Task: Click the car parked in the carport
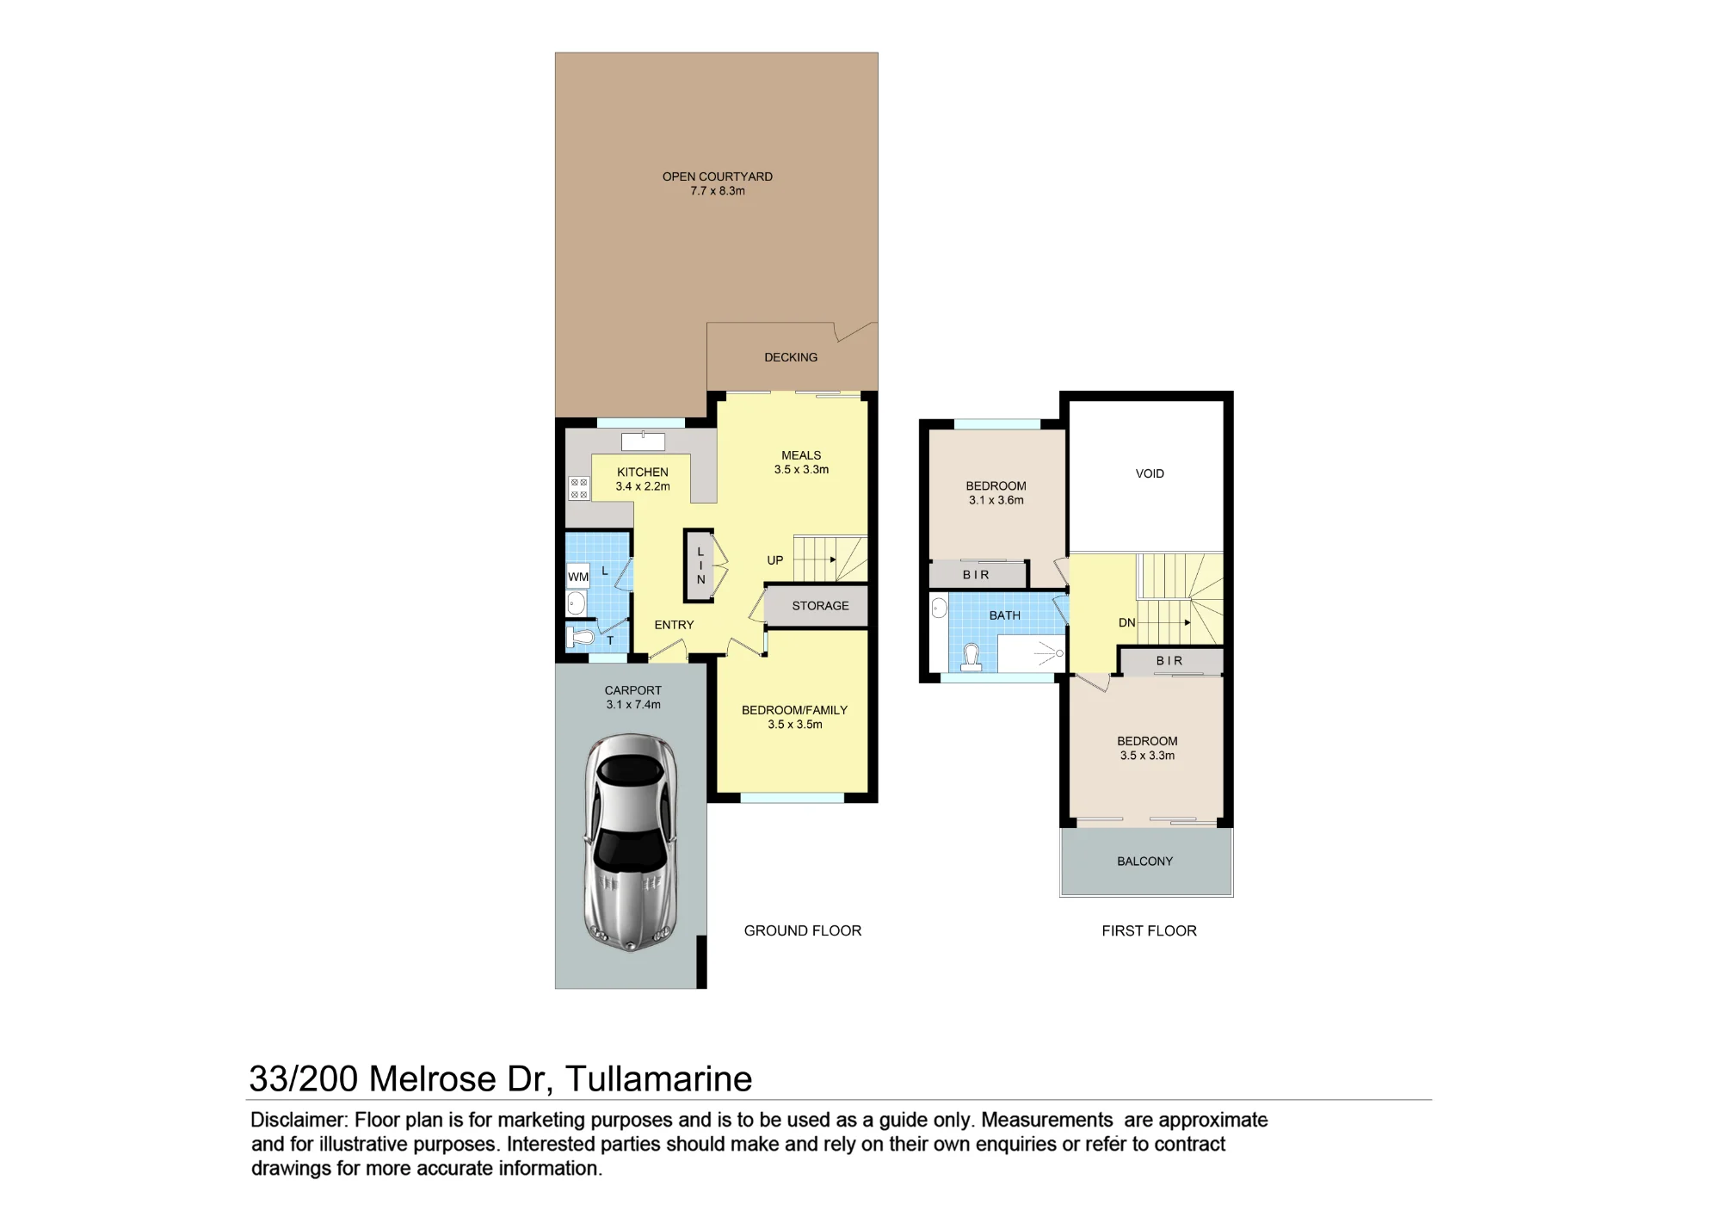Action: (631, 843)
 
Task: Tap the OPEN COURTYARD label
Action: (718, 176)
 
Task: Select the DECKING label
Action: (791, 357)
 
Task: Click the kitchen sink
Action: (643, 442)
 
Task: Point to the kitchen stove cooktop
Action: (579, 489)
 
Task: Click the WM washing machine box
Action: (578, 577)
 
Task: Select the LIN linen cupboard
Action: (700, 565)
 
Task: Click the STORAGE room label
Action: (820, 606)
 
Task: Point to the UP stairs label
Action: (775, 560)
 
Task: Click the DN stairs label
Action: (1127, 622)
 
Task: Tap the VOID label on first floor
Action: (1150, 473)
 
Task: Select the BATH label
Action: (1005, 615)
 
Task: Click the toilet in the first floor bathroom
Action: (972, 657)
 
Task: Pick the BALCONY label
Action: (1145, 861)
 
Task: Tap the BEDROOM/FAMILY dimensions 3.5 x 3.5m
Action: (795, 725)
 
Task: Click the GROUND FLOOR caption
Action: (803, 930)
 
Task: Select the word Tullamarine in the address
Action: (659, 1078)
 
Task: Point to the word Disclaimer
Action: (298, 1120)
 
